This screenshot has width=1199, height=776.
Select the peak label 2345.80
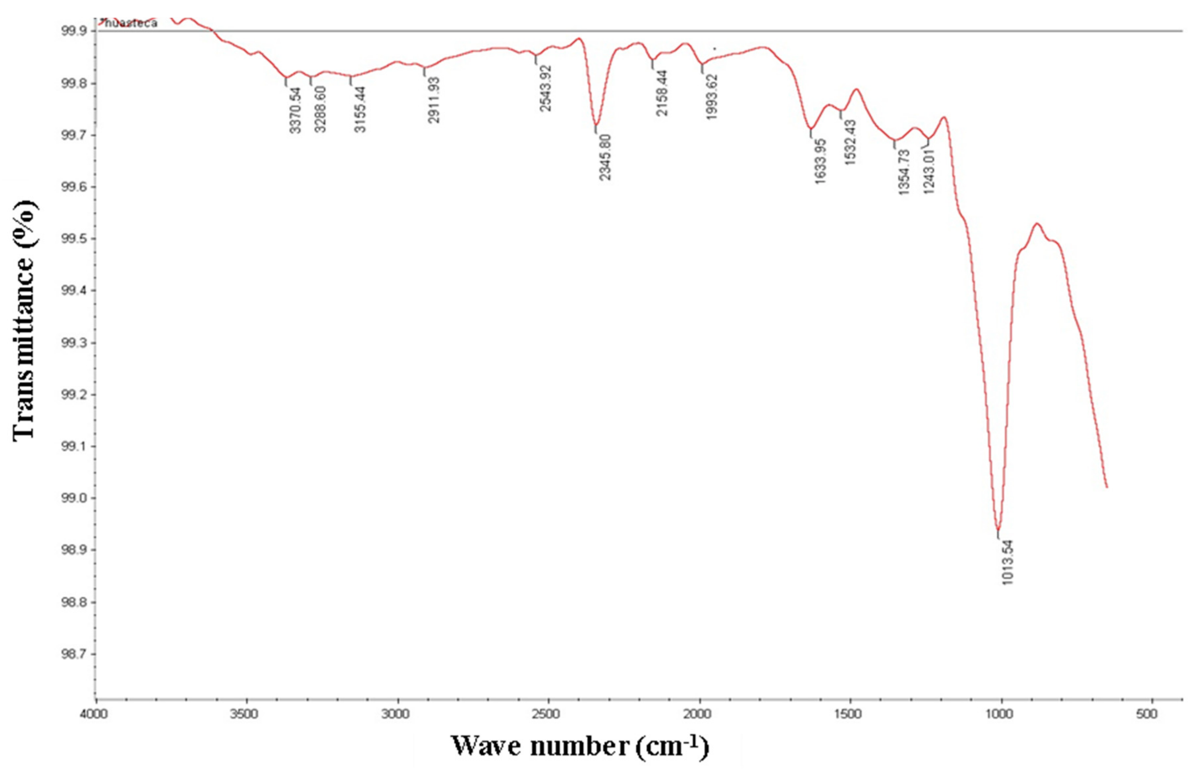coord(605,157)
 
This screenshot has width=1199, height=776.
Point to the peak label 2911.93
coord(434,100)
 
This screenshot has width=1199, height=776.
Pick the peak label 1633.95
coord(820,161)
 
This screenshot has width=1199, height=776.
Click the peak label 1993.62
coord(711,97)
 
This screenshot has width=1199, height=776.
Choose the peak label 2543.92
coord(545,88)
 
